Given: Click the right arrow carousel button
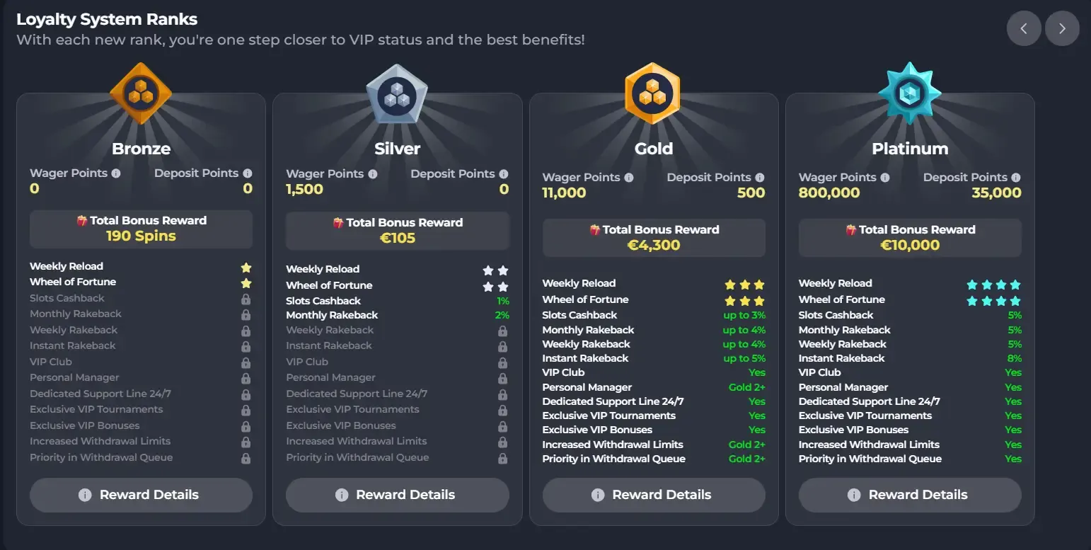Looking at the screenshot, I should pyautogui.click(x=1062, y=29).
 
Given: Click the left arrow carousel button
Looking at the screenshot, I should pyautogui.click(x=1024, y=29).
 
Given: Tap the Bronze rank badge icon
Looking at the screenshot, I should pyautogui.click(x=141, y=93).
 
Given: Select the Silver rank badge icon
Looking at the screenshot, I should pyautogui.click(x=397, y=95).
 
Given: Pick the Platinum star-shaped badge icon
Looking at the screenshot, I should pyautogui.click(x=909, y=93).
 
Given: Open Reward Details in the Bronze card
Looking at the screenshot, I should pyautogui.click(x=141, y=495).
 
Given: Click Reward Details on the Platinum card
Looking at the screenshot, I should pyautogui.click(x=910, y=495).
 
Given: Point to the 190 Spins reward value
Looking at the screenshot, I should pyautogui.click(x=141, y=236).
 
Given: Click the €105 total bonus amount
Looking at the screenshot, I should pyautogui.click(x=398, y=238).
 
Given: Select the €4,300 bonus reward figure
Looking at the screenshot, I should pyautogui.click(x=654, y=246).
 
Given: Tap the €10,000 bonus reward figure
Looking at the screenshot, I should pyautogui.click(x=910, y=246).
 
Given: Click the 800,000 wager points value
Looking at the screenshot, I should pyautogui.click(x=829, y=193).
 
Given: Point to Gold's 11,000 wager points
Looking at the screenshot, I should pyautogui.click(x=564, y=193).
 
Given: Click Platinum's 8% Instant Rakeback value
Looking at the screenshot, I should pyautogui.click(x=1015, y=358).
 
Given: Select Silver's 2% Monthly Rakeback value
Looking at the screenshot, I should pyautogui.click(x=502, y=315).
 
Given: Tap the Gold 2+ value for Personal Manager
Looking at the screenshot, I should pyautogui.click(x=747, y=387).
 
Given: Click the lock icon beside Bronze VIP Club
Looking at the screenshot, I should pyautogui.click(x=246, y=362).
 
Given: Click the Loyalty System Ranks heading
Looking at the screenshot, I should pyautogui.click(x=107, y=19).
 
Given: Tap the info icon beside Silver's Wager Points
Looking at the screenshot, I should pyautogui.click(x=372, y=173).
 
